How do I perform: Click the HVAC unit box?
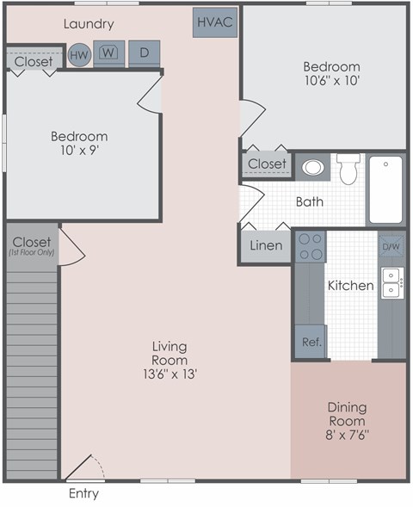[214, 22]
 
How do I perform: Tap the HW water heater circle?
[79, 55]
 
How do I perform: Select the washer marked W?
[108, 53]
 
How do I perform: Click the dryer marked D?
[145, 53]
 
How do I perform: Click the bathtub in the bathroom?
[386, 190]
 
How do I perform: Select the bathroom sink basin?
[313, 167]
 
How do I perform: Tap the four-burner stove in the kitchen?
[310, 247]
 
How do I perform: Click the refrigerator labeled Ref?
[311, 342]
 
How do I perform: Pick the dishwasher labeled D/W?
[391, 246]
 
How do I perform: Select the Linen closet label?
[266, 246]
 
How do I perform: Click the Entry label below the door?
[83, 494]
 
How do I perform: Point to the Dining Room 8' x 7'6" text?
[346, 422]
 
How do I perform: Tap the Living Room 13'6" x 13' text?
[170, 361]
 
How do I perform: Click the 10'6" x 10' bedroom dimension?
[332, 82]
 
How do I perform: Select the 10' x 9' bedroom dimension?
[78, 151]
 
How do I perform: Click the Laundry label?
[89, 24]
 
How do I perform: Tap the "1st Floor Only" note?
[32, 252]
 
